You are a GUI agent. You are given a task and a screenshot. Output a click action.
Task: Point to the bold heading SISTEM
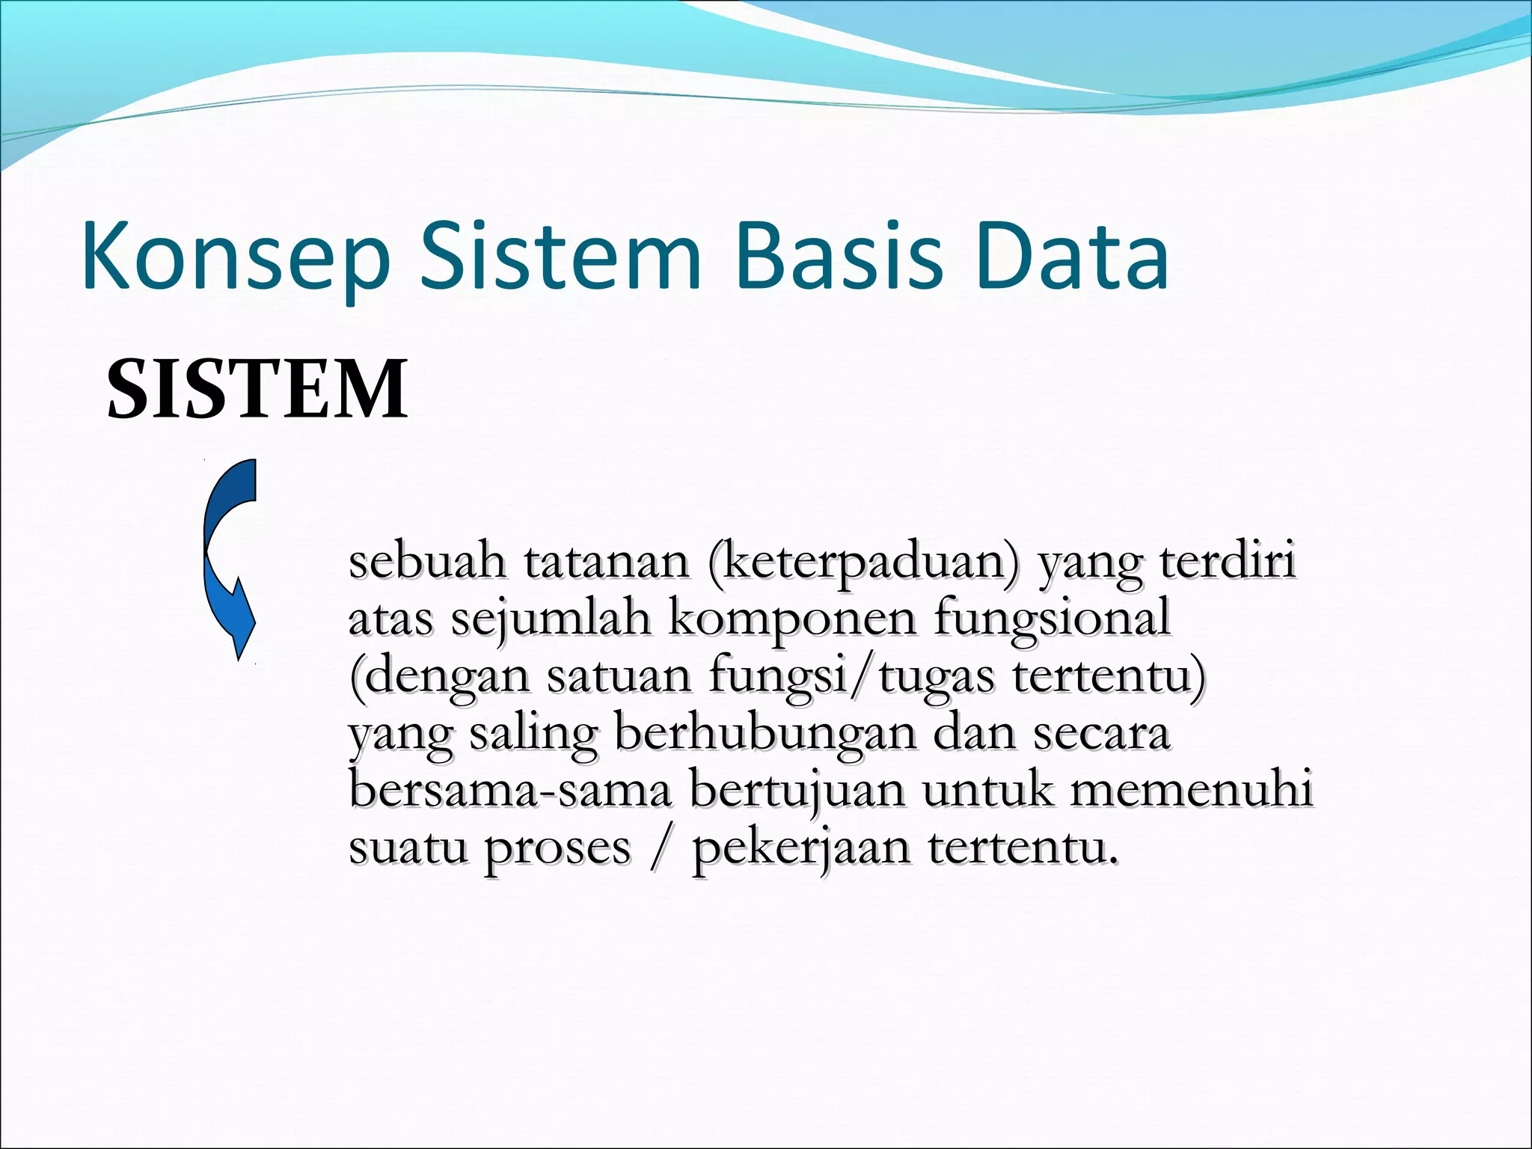(x=257, y=389)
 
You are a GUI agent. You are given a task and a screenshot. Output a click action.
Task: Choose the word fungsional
(x=1052, y=619)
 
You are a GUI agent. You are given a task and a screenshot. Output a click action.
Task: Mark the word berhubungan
(x=765, y=734)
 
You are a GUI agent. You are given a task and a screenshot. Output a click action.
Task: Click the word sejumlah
(x=551, y=619)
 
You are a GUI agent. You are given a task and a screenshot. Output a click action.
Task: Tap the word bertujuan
(x=797, y=791)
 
